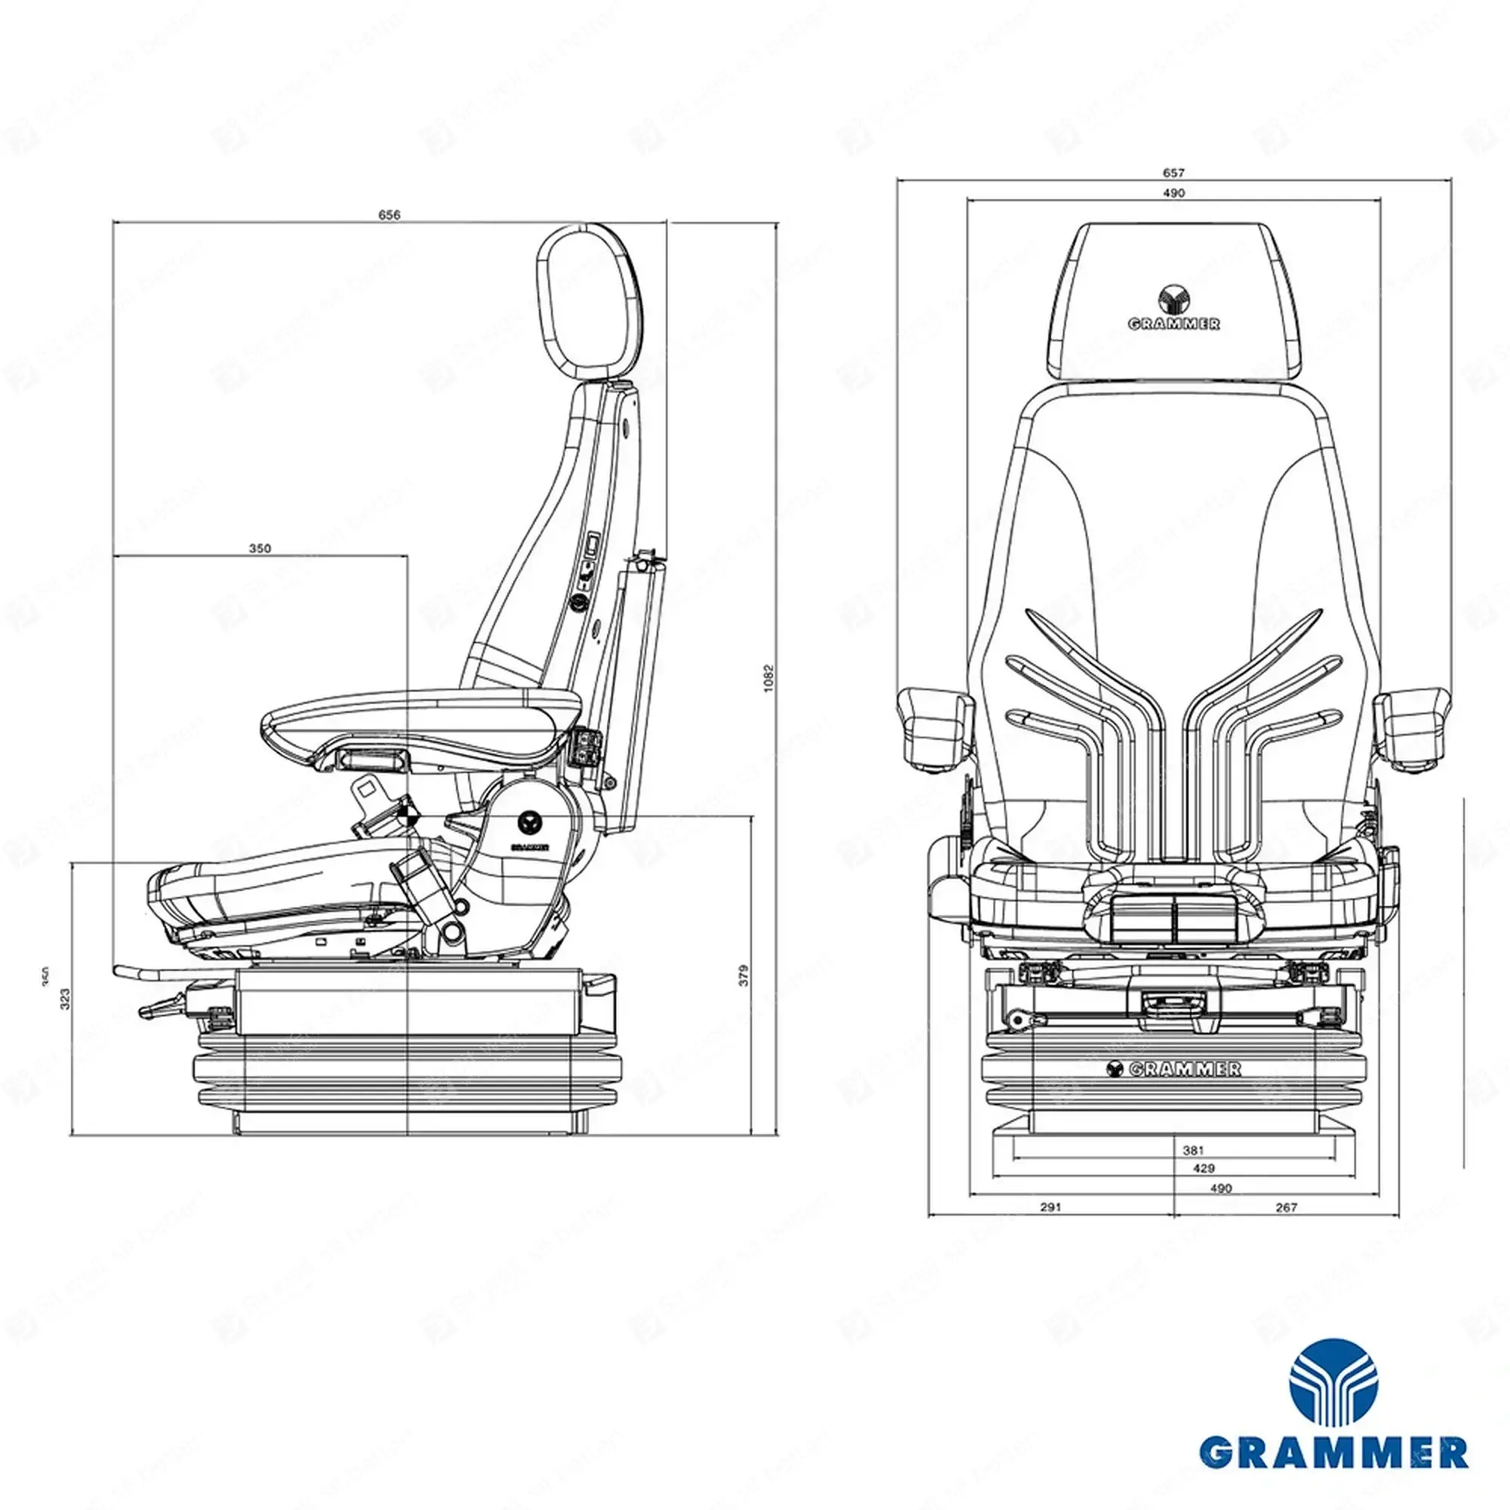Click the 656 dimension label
tap(390, 215)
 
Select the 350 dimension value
tap(260, 549)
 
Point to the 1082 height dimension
tap(768, 678)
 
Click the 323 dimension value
tap(66, 998)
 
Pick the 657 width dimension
tap(1174, 173)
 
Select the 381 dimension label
tap(1194, 1151)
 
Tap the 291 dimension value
tap(1051, 1207)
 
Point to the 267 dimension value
tap(1286, 1207)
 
